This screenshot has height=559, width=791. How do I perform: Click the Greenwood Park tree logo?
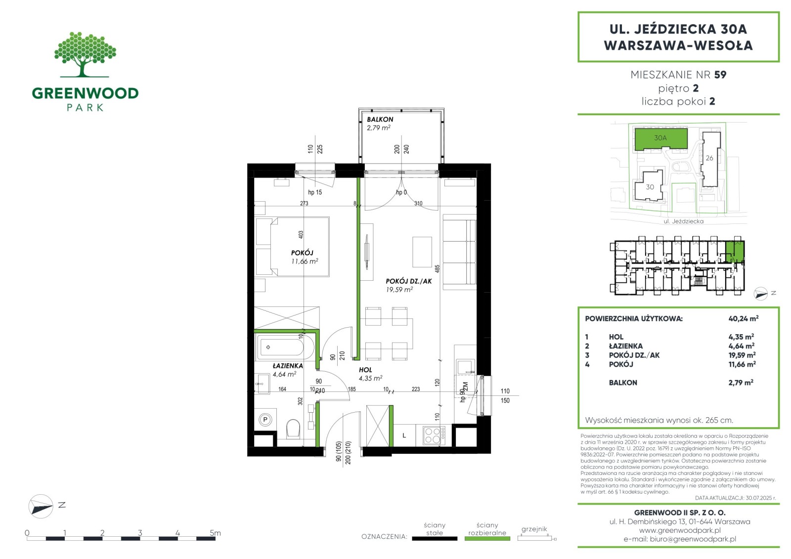click(x=85, y=54)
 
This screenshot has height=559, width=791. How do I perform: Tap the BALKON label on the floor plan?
click(x=380, y=119)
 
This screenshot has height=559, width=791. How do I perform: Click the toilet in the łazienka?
click(x=293, y=429)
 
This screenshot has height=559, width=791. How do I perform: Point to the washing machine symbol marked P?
click(x=265, y=420)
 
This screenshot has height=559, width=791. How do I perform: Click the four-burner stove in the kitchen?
click(x=432, y=435)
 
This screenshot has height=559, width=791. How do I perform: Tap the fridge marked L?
click(x=404, y=435)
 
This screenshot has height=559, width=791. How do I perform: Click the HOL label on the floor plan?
click(x=365, y=370)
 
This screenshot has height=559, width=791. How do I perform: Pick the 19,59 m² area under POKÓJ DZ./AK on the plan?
click(x=399, y=290)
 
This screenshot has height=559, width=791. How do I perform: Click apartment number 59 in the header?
click(x=720, y=75)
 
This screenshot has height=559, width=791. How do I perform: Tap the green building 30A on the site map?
click(x=661, y=139)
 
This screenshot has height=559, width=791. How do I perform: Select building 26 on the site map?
click(x=710, y=159)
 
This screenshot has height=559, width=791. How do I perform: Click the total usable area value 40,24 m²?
click(x=744, y=318)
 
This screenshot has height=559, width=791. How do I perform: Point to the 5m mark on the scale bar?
click(x=215, y=532)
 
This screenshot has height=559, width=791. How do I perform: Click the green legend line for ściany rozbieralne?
click(x=487, y=539)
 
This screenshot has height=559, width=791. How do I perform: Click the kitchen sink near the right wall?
click(x=466, y=367)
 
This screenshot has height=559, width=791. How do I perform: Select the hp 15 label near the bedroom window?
click(x=315, y=192)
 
